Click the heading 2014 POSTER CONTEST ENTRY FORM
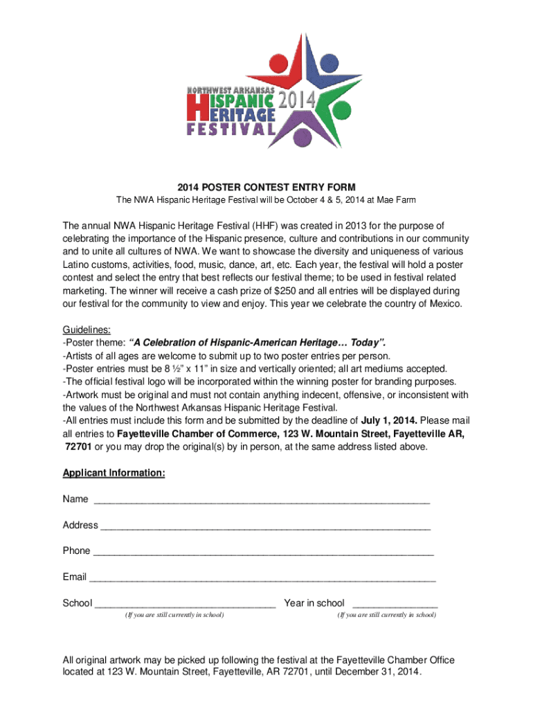click(266, 187)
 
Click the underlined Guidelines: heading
click(87, 330)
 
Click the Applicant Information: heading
click(114, 473)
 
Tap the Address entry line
click(265, 526)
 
